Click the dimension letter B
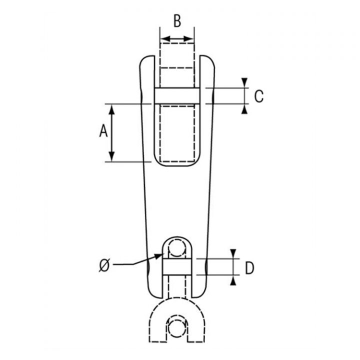(177, 21)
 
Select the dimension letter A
(103, 131)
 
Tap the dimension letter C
(259, 96)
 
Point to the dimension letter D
(249, 268)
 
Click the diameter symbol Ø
(104, 266)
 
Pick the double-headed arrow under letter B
(177, 39)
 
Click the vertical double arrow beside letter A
(111, 132)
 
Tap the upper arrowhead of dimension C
(244, 82)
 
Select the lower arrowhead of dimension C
(244, 109)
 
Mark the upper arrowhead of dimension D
(233, 253)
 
